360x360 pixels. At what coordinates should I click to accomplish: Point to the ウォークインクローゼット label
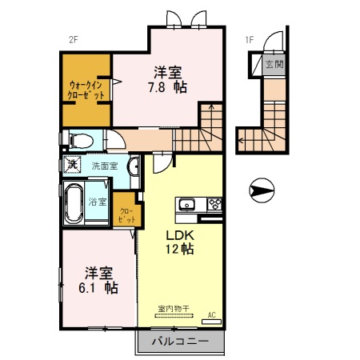[86, 89]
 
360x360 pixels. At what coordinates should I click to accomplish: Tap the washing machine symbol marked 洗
[72, 165]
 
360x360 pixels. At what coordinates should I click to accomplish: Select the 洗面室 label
[104, 166]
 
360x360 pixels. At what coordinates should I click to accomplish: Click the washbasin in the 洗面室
[134, 166]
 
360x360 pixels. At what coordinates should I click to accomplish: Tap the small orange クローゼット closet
[126, 210]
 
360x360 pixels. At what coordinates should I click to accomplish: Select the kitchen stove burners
[214, 203]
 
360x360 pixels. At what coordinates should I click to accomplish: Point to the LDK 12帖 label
[179, 242]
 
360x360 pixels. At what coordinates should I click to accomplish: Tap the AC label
[211, 314]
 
